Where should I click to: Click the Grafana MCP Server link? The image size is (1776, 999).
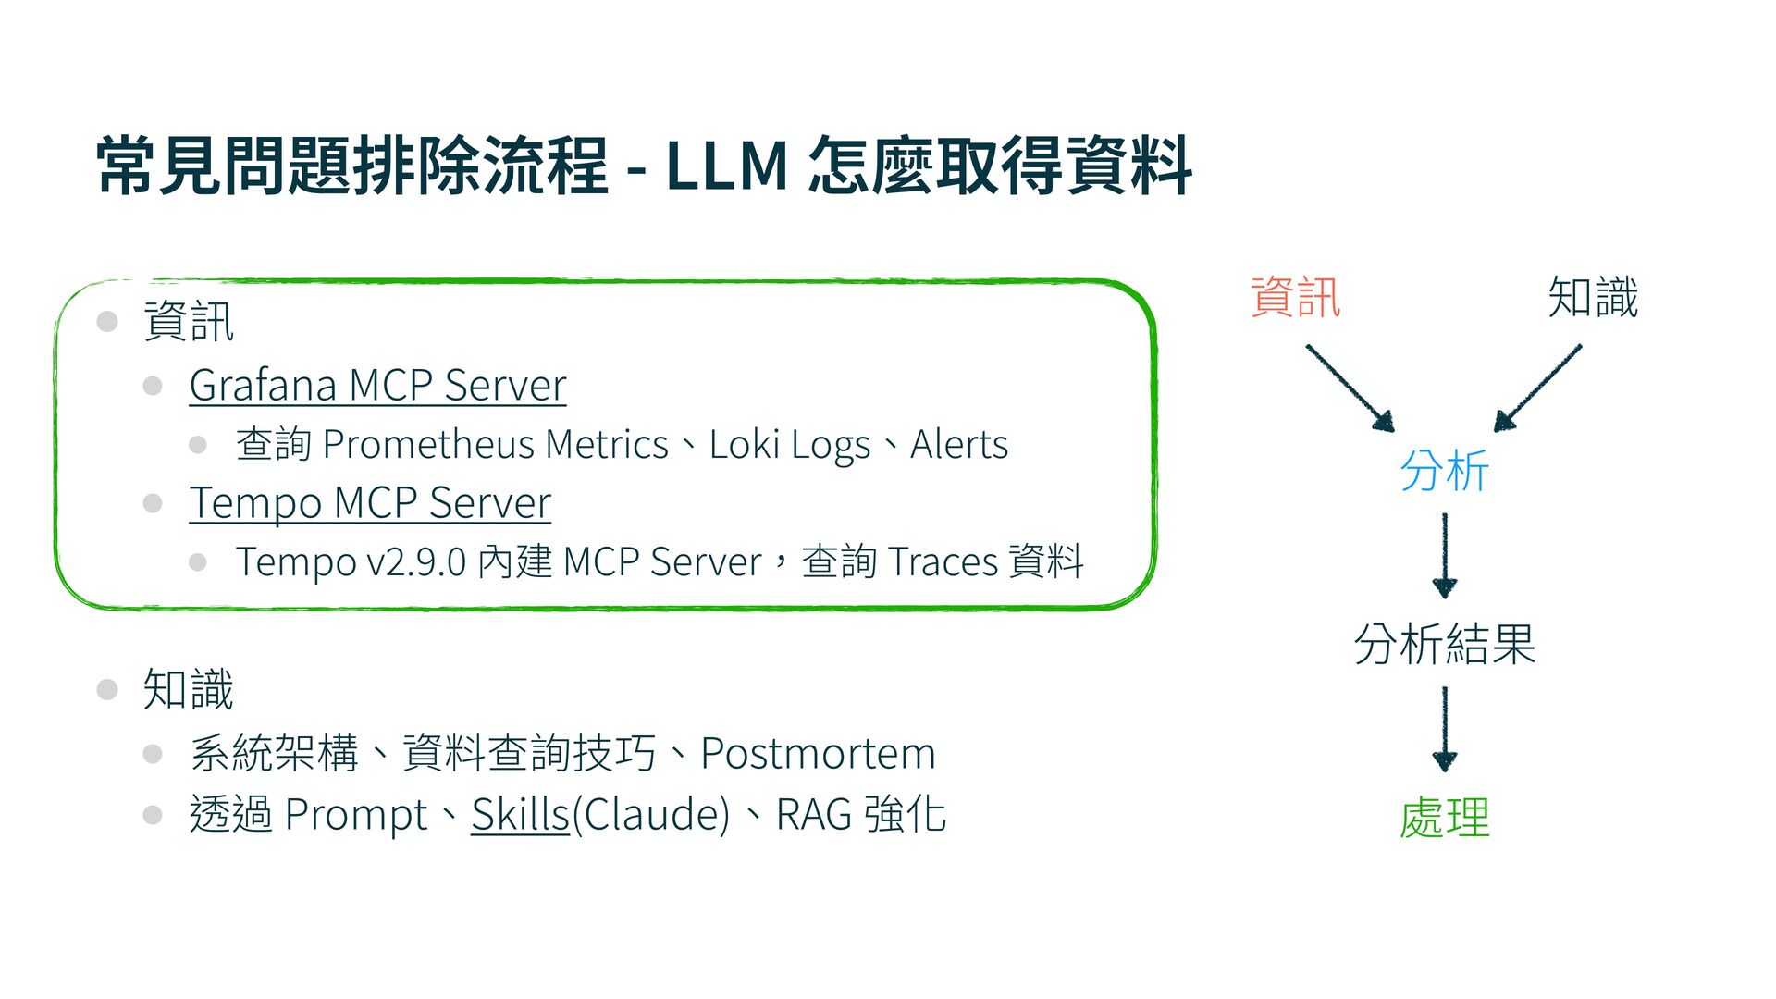pyautogui.click(x=377, y=386)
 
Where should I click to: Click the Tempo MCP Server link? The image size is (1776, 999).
pyautogui.click(x=370, y=503)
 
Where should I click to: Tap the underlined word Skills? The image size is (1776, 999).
pyautogui.click(x=520, y=815)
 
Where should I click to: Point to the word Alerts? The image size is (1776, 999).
pyautogui.click(x=959, y=445)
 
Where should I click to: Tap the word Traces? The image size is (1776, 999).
pyautogui.click(x=943, y=562)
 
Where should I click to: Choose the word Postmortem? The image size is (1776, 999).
pyautogui.click(x=818, y=753)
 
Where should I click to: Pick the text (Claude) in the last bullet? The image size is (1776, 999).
pyautogui.click(x=651, y=815)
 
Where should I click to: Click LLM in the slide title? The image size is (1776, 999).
pyautogui.click(x=727, y=166)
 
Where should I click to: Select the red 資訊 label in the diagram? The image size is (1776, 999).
pyautogui.click(x=1295, y=298)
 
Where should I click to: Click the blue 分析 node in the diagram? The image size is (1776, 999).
pyautogui.click(x=1444, y=471)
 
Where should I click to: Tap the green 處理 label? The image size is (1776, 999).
pyautogui.click(x=1444, y=818)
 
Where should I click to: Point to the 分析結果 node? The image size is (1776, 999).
pyautogui.click(x=1444, y=644)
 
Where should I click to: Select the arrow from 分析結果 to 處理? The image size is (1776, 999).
pyautogui.click(x=1444, y=729)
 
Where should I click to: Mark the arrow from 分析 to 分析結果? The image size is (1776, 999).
pyautogui.click(x=1444, y=555)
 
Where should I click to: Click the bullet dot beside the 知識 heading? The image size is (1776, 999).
pyautogui.click(x=107, y=690)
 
